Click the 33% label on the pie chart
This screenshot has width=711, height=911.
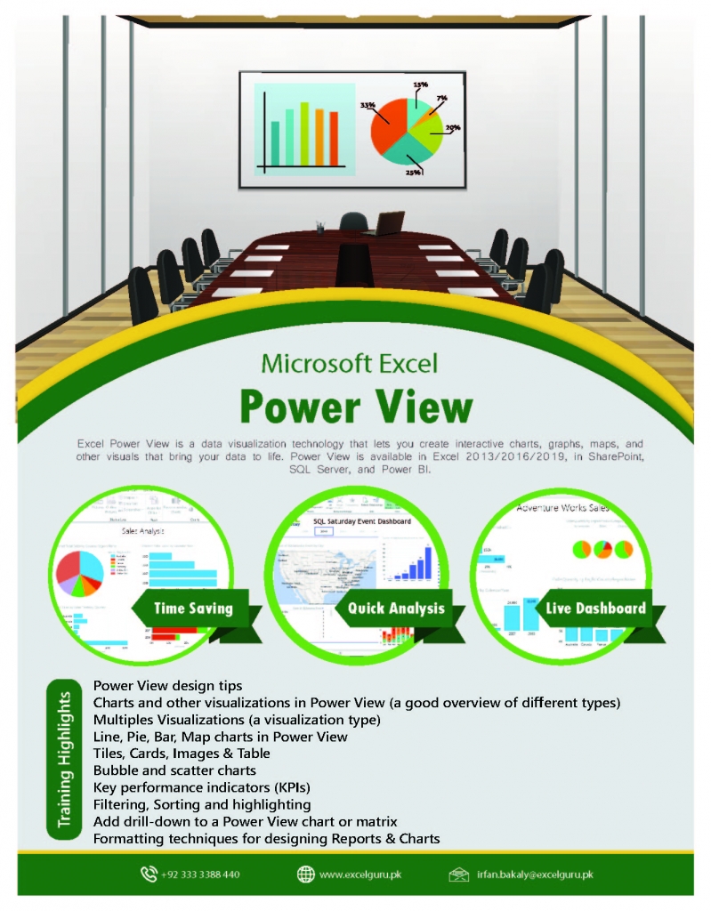coord(367,105)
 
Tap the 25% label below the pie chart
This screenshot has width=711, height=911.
coord(414,173)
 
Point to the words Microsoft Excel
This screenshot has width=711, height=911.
coord(349,363)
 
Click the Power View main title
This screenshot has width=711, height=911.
coord(356,406)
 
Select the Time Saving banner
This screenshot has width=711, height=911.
coord(193,609)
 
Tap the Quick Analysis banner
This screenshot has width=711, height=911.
coord(395,609)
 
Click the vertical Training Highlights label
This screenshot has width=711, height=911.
coord(65,758)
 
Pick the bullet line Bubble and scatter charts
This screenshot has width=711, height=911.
coord(174,770)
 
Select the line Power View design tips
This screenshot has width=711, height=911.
coord(167,685)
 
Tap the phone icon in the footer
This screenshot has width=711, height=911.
coord(149,875)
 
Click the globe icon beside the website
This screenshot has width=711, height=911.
coord(305,875)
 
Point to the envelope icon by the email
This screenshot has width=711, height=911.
coord(459,875)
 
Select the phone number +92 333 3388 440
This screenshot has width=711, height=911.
coord(201,875)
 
